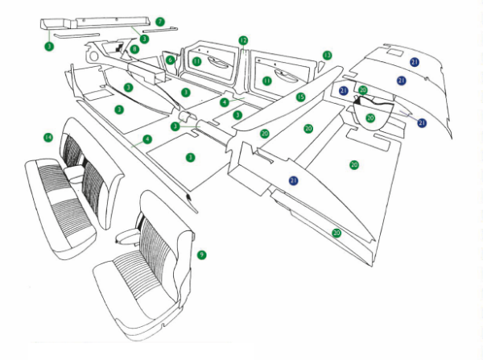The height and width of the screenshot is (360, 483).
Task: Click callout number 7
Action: (159, 20)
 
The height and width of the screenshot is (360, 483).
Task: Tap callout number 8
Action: (134, 50)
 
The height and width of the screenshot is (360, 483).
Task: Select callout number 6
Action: (171, 60)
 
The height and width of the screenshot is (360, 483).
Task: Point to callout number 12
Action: (243, 39)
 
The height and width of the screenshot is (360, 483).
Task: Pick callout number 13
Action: (327, 55)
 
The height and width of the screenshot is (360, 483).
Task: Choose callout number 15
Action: (300, 97)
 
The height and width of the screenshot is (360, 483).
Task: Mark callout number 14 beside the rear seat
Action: (48, 138)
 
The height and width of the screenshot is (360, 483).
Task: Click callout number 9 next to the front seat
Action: (201, 254)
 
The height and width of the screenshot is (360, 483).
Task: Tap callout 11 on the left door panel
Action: (196, 62)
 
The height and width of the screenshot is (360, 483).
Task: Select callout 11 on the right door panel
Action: (266, 81)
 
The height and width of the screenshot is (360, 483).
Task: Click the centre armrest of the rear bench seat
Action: (76, 172)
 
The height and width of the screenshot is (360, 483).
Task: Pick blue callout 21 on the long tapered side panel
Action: (293, 181)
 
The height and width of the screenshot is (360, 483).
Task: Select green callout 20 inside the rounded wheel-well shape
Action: (370, 118)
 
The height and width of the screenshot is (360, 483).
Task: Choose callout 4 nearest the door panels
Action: (225, 103)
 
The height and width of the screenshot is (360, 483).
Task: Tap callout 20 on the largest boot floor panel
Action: (354, 164)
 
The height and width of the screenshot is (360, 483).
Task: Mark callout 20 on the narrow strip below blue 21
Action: (337, 233)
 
